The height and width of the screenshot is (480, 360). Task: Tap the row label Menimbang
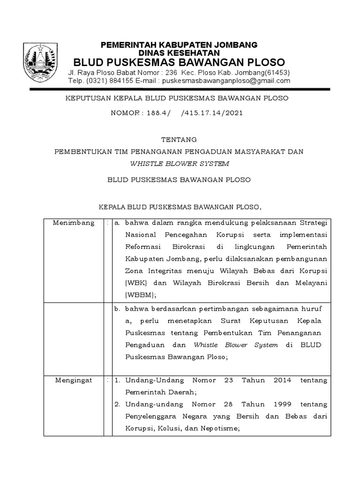(74, 223)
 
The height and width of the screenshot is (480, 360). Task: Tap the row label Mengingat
(73, 380)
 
